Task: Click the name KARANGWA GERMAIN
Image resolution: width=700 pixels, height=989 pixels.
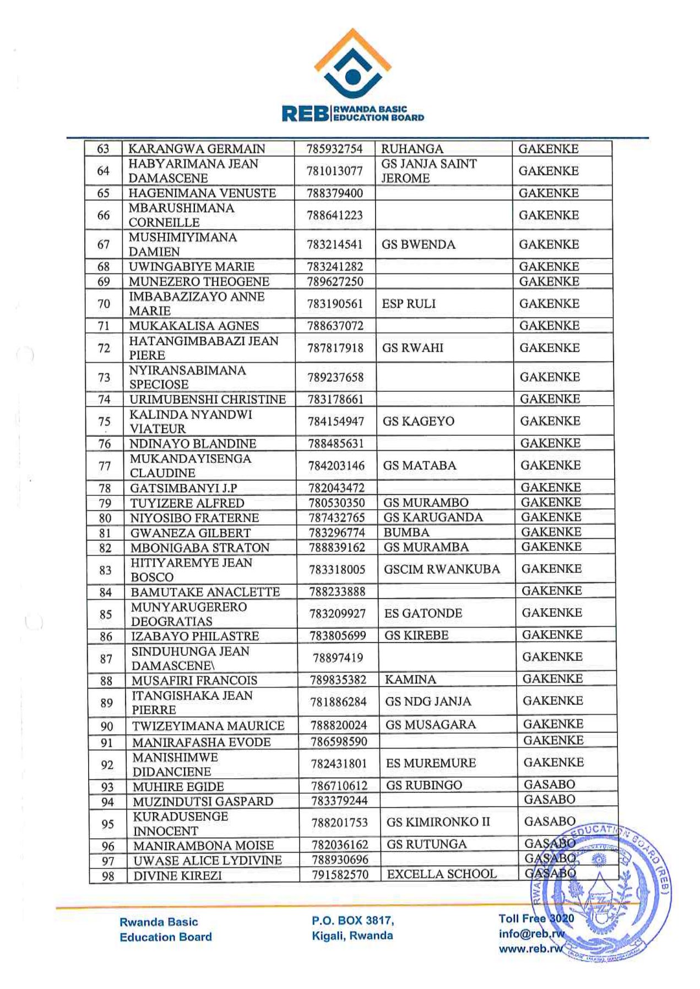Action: tap(197, 149)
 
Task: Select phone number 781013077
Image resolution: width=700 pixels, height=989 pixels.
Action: tap(335, 171)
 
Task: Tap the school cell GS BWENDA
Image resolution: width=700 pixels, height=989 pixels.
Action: tap(419, 244)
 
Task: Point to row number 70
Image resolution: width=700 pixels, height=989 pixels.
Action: tap(104, 304)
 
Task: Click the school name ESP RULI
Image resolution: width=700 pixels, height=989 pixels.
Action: tap(409, 304)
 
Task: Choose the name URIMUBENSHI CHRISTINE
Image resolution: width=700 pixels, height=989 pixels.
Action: tap(208, 399)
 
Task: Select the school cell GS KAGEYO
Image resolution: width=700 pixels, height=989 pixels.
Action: tap(419, 421)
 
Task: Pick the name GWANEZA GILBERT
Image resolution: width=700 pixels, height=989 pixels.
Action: tap(191, 533)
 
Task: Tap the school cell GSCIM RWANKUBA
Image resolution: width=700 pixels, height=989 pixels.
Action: tap(442, 569)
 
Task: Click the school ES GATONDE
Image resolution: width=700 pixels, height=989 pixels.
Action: tap(423, 613)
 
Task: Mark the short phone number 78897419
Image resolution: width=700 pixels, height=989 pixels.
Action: tap(338, 658)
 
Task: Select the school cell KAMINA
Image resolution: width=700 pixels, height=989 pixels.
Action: tap(410, 680)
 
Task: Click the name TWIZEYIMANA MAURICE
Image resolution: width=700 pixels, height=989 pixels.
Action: tap(208, 726)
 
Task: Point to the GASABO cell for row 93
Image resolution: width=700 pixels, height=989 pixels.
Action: tap(549, 785)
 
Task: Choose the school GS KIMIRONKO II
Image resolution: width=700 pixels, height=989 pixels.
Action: tap(438, 822)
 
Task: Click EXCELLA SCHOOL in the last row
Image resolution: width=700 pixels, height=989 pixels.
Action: tap(442, 874)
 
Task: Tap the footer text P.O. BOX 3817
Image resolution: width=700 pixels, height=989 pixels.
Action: tap(352, 920)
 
